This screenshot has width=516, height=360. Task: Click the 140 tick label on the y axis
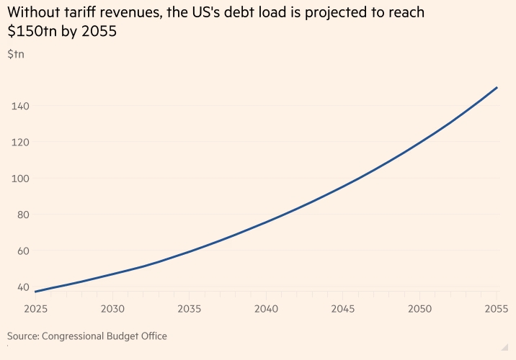pos(19,106)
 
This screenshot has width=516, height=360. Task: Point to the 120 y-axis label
pos(19,142)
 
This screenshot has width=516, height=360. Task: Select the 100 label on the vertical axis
pos(19,179)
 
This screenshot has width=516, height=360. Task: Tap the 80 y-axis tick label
pos(19,215)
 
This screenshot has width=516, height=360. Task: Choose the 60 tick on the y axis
pos(19,251)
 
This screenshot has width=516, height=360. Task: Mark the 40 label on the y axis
pos(19,287)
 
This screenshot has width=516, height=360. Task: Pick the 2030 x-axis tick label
pos(112,309)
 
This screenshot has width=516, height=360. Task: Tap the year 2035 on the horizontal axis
pos(189,309)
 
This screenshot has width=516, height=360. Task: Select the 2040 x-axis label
pos(266,309)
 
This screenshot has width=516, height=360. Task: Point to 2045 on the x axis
pos(343,309)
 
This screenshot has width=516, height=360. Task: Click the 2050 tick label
pos(420,309)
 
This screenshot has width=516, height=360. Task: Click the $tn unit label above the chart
pos(15,54)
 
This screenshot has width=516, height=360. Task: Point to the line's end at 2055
pos(497,88)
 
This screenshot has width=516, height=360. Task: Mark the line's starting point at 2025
pos(35,292)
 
